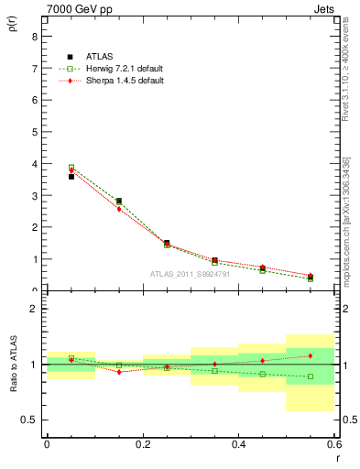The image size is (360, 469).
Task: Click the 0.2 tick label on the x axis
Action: pyautogui.click(x=142, y=443)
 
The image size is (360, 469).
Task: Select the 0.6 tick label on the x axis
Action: pyautogui.click(x=333, y=443)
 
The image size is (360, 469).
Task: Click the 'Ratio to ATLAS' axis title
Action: pyautogui.click(x=13, y=365)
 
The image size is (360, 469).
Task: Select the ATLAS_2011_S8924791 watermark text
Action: pyautogui.click(x=190, y=273)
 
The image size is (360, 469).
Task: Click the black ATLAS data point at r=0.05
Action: pyautogui.click(x=71, y=177)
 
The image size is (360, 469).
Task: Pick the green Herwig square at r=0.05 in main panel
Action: pyautogui.click(x=71, y=168)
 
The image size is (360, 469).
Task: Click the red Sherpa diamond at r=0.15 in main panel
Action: pyautogui.click(x=119, y=209)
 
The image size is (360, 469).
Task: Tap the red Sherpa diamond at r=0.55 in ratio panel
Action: pyautogui.click(x=311, y=355)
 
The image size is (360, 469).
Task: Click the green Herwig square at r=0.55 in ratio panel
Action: pyautogui.click(x=311, y=376)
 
